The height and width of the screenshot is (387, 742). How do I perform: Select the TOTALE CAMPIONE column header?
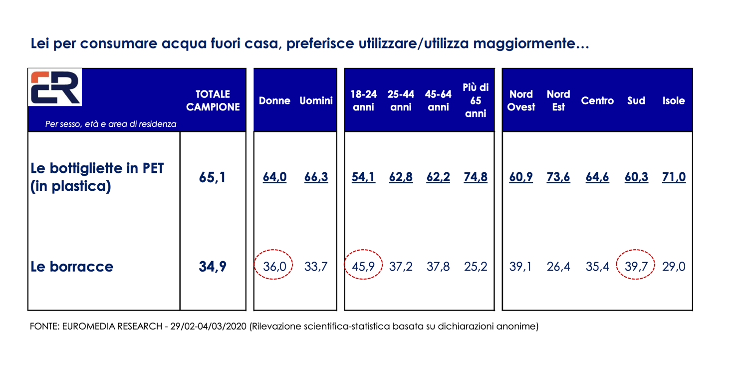click(x=213, y=100)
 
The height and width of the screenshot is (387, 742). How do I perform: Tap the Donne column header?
click(x=274, y=100)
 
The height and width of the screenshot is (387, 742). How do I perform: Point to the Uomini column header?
click(x=316, y=100)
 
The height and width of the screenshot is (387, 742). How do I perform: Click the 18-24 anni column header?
click(x=363, y=100)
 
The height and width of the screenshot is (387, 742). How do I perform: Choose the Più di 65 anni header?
click(x=476, y=100)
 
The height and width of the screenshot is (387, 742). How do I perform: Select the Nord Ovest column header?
click(x=521, y=100)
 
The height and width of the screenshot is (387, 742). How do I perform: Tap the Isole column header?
click(x=674, y=100)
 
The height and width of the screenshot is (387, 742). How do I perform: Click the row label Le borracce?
click(x=72, y=267)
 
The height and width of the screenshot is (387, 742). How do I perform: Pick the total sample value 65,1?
click(x=213, y=177)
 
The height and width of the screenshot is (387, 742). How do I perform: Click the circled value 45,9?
click(x=363, y=267)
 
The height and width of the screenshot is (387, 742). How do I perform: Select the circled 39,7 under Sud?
click(x=636, y=267)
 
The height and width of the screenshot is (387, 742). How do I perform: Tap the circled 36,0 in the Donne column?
click(x=274, y=267)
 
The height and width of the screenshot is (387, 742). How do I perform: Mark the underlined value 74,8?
click(x=476, y=177)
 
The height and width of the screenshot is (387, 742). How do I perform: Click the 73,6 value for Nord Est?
click(x=558, y=177)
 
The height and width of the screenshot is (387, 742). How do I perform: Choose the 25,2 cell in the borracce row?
click(x=476, y=267)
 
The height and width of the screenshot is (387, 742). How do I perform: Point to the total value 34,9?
click(x=213, y=267)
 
